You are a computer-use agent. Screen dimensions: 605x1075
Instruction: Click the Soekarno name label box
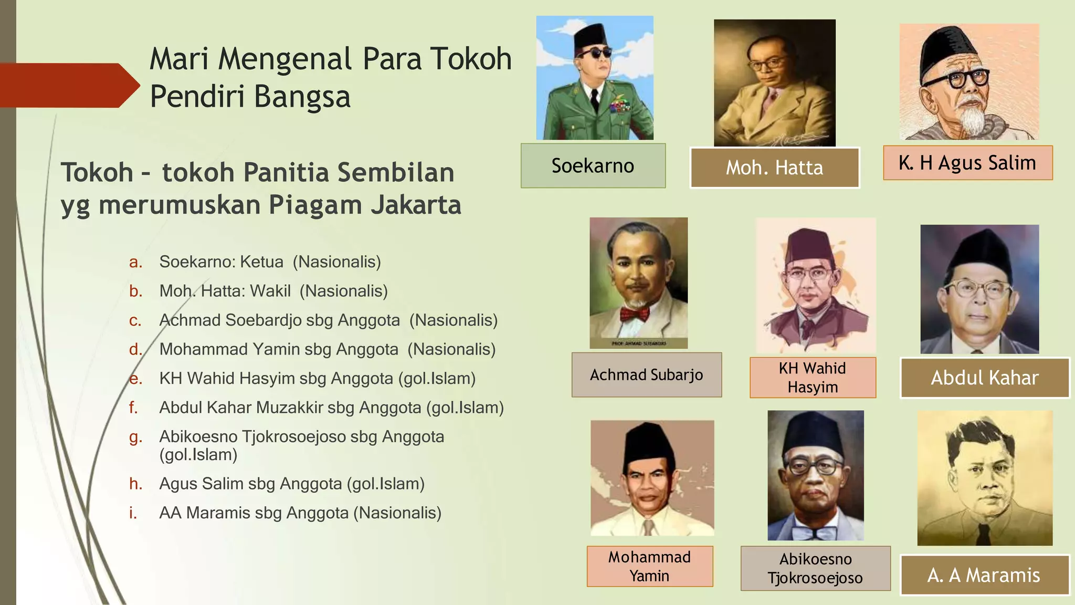pyautogui.click(x=593, y=166)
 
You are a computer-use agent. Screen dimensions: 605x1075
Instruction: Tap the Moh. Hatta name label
pyautogui.click(x=774, y=168)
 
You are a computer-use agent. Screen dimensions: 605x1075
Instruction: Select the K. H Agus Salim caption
pyautogui.click(x=967, y=163)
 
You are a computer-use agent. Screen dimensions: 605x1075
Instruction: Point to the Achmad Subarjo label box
pyautogui.click(x=646, y=375)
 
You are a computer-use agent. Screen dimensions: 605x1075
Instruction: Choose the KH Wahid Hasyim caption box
pyautogui.click(x=813, y=378)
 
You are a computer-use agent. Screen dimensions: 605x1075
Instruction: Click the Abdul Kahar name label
pyautogui.click(x=984, y=378)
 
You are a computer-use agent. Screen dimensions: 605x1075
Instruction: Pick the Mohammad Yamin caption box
pyautogui.click(x=649, y=566)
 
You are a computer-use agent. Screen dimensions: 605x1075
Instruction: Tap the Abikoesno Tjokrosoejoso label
pyautogui.click(x=815, y=568)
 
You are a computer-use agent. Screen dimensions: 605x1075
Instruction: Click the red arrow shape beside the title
pyautogui.click(x=68, y=86)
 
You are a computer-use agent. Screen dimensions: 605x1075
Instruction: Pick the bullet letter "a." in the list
pyautogui.click(x=135, y=262)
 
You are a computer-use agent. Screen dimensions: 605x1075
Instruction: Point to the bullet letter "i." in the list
pyautogui.click(x=133, y=513)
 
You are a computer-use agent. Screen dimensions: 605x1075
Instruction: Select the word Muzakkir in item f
pyautogui.click(x=295, y=408)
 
